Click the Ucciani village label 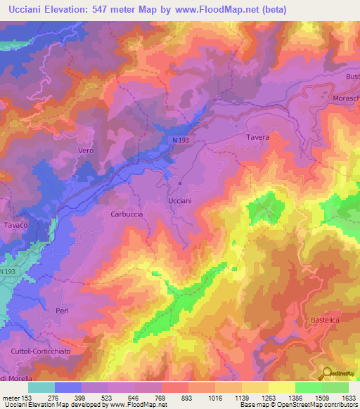tap(180, 201)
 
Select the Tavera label tap(258, 138)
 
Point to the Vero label tap(86, 151)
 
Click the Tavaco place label tap(15, 225)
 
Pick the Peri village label tap(63, 310)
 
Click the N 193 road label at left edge tap(8, 272)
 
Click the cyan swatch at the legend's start tap(41, 387)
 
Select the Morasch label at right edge tap(346, 98)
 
